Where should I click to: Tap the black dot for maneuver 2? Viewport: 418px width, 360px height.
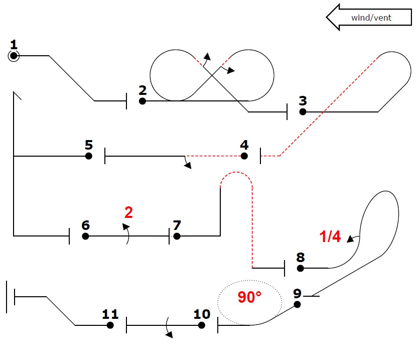(143, 101)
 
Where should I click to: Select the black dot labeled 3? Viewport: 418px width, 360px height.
(303, 111)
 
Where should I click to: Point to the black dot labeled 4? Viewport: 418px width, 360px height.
(244, 156)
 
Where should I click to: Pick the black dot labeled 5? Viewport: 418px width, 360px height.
(89, 156)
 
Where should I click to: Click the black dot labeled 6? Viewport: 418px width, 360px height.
(85, 236)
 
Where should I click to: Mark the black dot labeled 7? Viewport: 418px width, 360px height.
(176, 236)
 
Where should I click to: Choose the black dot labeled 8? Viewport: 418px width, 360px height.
(300, 268)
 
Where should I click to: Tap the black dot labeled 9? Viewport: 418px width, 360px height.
(297, 304)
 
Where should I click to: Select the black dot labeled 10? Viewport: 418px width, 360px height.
(201, 325)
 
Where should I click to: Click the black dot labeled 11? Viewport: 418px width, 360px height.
(110, 325)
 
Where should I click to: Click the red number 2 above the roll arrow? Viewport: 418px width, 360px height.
(128, 213)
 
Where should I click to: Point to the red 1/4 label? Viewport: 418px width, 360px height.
(330, 236)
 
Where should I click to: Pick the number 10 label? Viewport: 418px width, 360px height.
(202, 314)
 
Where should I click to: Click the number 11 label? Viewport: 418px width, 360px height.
(110, 314)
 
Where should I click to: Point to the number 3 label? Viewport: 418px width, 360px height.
(303, 100)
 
